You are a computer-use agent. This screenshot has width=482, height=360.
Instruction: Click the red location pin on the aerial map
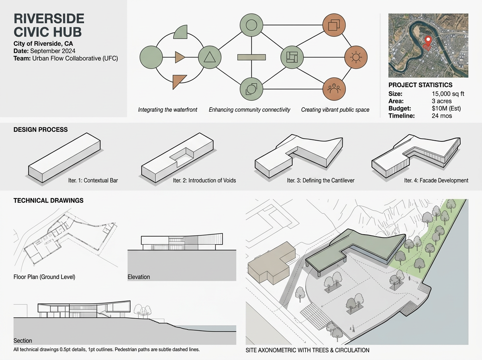(428, 40)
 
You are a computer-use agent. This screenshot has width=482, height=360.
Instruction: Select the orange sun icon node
(355, 57)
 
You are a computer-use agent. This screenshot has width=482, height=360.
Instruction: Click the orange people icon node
(335, 89)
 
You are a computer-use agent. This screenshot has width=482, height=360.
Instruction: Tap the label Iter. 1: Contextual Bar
(93, 180)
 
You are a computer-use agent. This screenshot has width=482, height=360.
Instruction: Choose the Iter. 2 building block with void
(178, 156)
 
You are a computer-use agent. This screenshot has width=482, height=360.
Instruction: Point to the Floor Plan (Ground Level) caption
(44, 277)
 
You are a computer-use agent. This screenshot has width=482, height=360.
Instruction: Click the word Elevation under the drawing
(139, 277)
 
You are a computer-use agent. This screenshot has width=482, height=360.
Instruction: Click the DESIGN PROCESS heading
(41, 130)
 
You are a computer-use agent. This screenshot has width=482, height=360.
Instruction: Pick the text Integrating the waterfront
(167, 110)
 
